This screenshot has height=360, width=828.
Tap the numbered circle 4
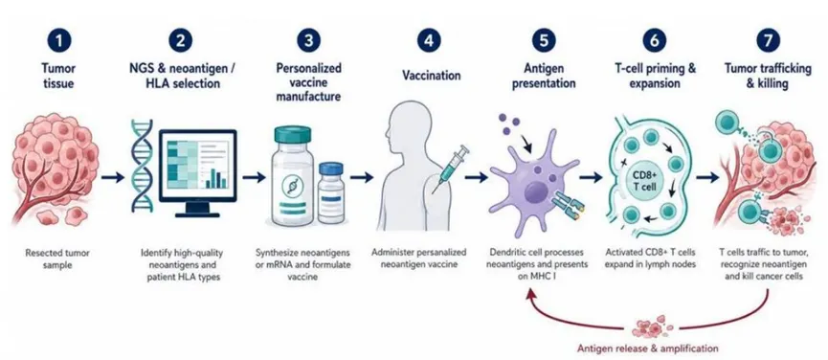point(429,40)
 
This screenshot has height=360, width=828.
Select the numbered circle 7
point(765,40)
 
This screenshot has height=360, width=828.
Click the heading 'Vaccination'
point(431,76)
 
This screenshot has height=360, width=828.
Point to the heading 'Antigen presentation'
point(545,76)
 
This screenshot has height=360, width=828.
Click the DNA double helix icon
point(141,167)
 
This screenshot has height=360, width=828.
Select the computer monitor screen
point(198,163)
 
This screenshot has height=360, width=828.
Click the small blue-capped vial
point(331,193)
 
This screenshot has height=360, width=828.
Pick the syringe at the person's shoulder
point(450,168)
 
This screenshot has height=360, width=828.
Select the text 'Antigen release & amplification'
point(647,349)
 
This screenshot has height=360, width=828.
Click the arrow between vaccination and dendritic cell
point(477,177)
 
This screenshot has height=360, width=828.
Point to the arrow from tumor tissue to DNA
point(113,177)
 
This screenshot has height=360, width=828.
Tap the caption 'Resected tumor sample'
point(57,259)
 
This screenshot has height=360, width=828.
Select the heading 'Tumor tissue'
point(58,76)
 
